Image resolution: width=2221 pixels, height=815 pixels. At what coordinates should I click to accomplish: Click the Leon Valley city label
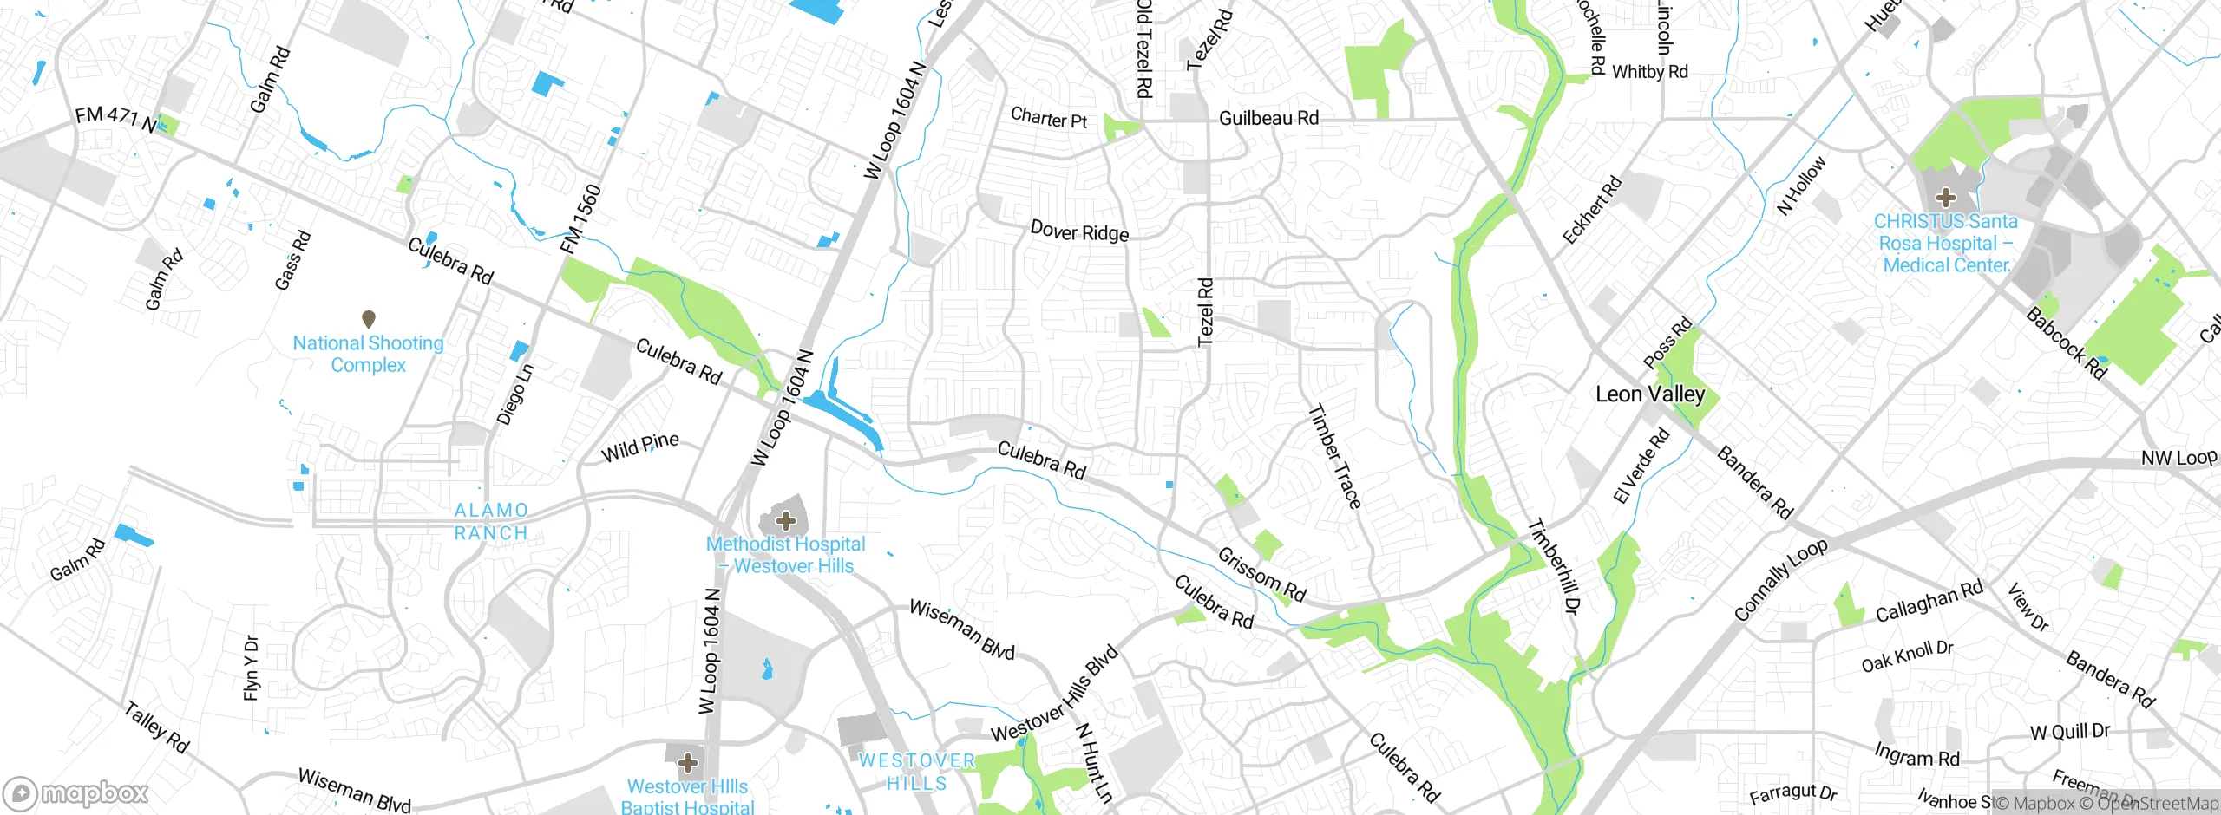tap(1650, 394)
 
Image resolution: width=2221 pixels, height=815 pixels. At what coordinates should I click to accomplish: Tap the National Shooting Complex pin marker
tap(368, 319)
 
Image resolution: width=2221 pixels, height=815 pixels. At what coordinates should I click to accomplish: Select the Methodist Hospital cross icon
tap(786, 520)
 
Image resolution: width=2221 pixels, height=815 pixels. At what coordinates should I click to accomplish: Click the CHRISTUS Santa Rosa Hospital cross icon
tap(1945, 198)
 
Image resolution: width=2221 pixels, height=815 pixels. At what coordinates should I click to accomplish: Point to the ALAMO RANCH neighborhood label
tap(491, 522)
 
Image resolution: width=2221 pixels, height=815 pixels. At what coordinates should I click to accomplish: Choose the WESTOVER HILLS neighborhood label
tap(917, 772)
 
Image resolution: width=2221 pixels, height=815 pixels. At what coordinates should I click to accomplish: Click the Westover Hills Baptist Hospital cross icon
tap(688, 763)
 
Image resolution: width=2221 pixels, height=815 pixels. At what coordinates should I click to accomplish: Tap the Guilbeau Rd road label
tap(1268, 118)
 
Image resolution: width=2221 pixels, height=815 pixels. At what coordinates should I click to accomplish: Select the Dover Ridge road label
tap(1079, 231)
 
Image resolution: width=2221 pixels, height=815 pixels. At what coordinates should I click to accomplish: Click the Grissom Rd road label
tap(1261, 574)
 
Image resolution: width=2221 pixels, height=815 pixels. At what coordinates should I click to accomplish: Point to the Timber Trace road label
tap(1334, 456)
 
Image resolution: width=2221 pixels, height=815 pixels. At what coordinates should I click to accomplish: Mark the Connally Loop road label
tap(1780, 579)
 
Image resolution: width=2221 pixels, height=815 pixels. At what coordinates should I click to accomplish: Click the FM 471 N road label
tap(116, 119)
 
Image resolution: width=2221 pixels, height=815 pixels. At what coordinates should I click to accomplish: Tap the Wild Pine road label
tap(640, 447)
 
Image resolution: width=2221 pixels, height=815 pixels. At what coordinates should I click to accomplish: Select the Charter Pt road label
tap(1049, 117)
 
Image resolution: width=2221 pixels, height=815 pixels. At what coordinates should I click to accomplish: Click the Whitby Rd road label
tap(1650, 72)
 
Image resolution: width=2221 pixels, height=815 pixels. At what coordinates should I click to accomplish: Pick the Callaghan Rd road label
tap(1929, 601)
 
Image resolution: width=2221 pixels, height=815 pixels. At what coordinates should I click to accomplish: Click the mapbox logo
tap(76, 793)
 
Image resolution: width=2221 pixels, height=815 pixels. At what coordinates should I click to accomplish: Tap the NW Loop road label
tap(2178, 458)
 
